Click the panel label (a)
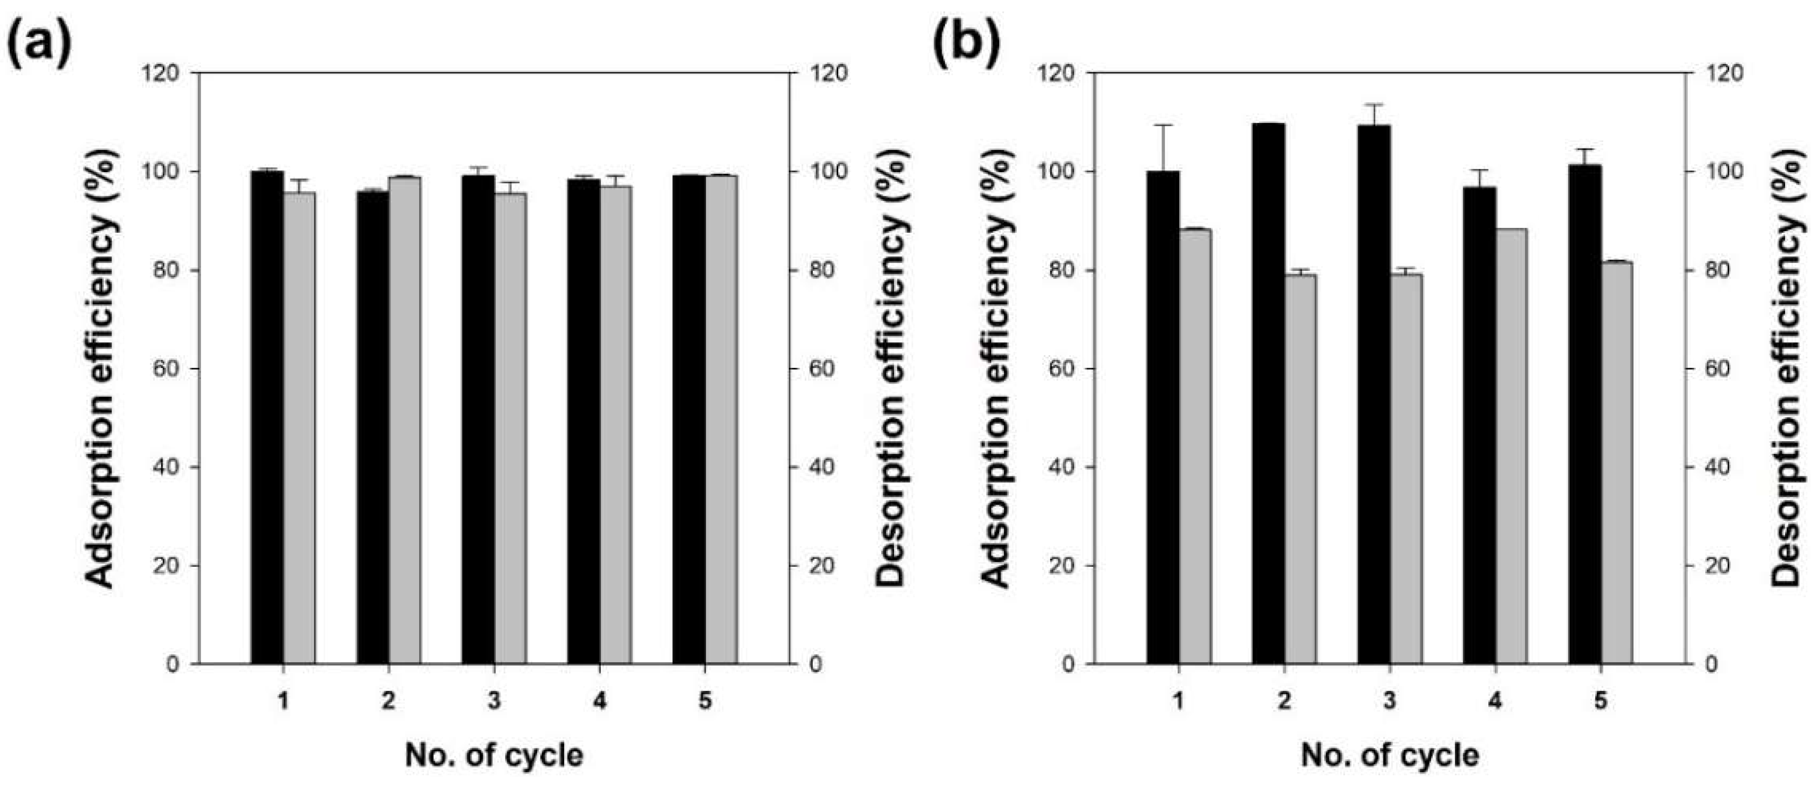[39, 44]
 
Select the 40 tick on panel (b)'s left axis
[1057, 468]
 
